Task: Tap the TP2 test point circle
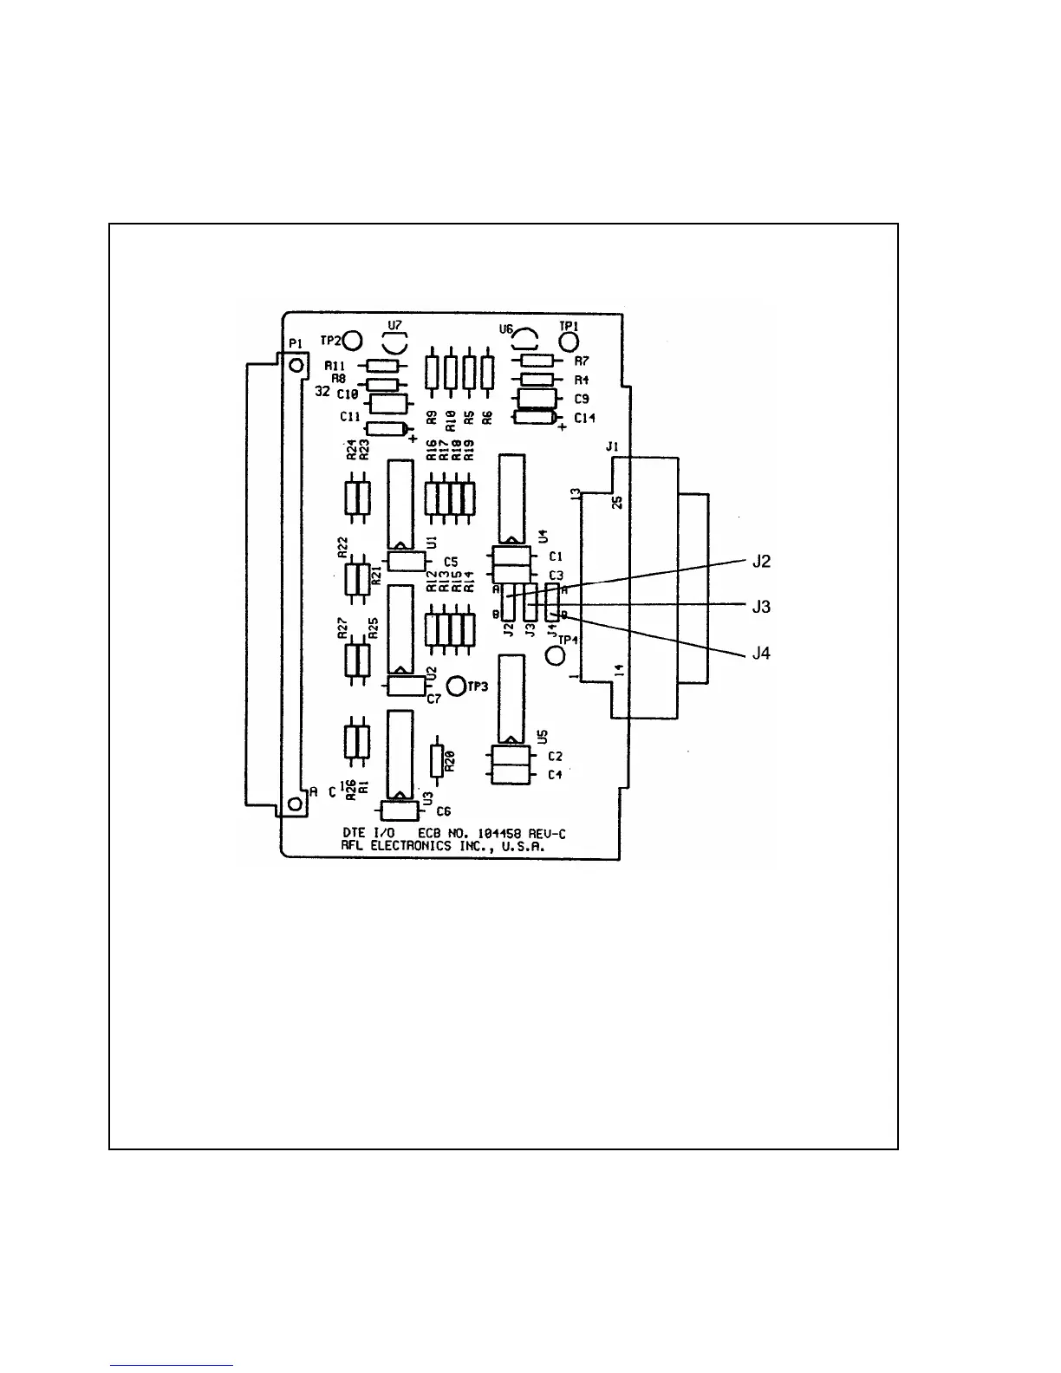[353, 340]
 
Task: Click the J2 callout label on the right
[761, 562]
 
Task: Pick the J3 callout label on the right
[761, 607]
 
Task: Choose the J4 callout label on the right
[761, 653]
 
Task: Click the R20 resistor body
[437, 760]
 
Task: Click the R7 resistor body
[537, 361]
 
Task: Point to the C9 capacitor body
[537, 398]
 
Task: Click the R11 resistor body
[383, 366]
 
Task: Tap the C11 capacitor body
[387, 428]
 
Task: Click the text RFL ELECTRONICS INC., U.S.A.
[444, 847]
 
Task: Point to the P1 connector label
[295, 343]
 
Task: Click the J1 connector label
[612, 447]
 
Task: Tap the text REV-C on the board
[546, 834]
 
